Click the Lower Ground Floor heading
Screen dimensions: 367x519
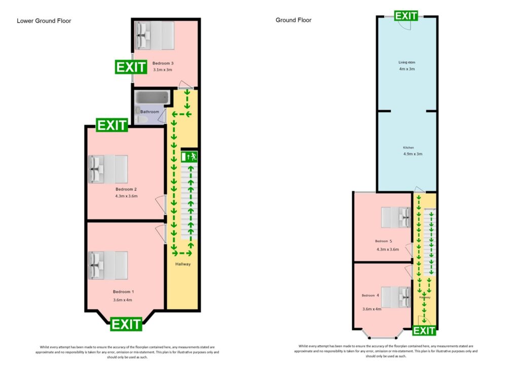(44, 21)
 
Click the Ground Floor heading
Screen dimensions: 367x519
(293, 20)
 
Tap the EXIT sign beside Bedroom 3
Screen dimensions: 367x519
(131, 67)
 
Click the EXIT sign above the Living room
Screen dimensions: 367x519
(406, 16)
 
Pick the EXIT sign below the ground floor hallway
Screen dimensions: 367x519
(424, 331)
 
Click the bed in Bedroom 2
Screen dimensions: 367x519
(108, 169)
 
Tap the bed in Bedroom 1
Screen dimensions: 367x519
(108, 266)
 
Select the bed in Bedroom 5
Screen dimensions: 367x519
(396, 217)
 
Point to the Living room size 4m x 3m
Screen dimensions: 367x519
(406, 69)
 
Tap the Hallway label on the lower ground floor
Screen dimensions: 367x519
(183, 264)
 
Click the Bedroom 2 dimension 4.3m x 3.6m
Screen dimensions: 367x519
(126, 196)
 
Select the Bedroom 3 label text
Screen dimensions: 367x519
(163, 63)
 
